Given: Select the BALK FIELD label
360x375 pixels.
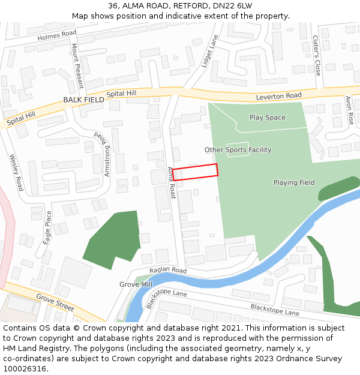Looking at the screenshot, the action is pos(83,100).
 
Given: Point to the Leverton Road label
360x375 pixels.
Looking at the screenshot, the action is pos(278,96).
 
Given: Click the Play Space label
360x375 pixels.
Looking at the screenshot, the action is pos(267,118).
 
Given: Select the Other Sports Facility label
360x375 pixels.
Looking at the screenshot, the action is pos(238,150).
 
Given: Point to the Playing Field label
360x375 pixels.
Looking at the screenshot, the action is pos(294,182).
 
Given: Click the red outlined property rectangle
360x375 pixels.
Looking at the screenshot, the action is pos(195,172).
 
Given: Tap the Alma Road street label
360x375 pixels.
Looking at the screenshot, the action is pos(171,183).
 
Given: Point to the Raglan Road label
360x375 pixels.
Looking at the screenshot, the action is pos(169,270).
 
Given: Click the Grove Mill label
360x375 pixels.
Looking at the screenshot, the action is pos(136,284).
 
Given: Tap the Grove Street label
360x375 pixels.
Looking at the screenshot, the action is pos(55,301).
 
